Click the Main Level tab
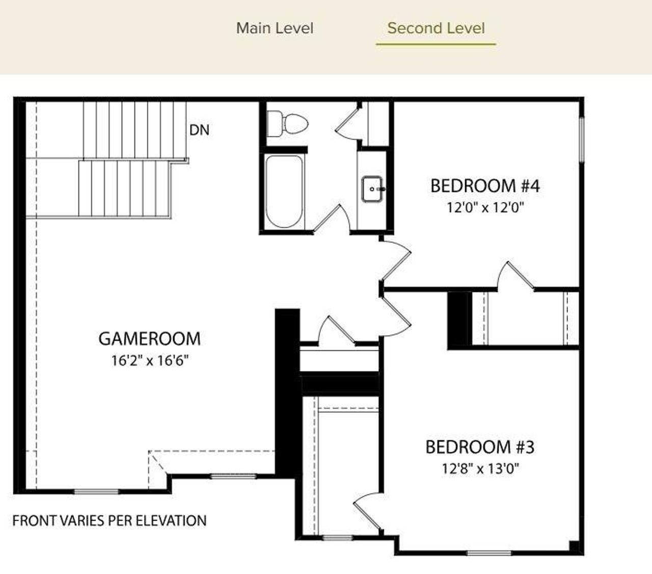(x=275, y=29)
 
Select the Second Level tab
(x=436, y=29)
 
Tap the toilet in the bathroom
(x=287, y=124)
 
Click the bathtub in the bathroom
(x=284, y=192)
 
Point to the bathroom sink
(x=373, y=189)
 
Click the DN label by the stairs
(x=200, y=130)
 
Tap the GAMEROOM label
(x=150, y=339)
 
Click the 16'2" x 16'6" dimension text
(x=150, y=361)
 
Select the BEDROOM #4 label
(x=485, y=186)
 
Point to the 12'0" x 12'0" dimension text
(x=485, y=207)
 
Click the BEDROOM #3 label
(x=480, y=447)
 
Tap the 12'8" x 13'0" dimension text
(x=480, y=469)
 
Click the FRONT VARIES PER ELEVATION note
(x=110, y=521)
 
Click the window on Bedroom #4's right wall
(x=582, y=140)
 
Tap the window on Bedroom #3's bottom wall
(x=489, y=553)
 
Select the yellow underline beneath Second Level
(x=436, y=44)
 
